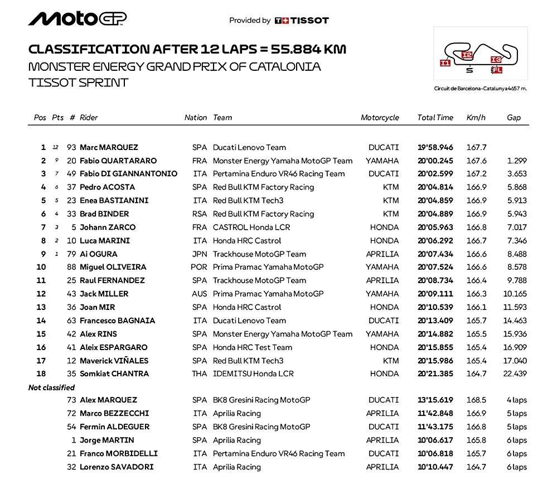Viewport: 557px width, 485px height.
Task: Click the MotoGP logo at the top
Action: coord(78,19)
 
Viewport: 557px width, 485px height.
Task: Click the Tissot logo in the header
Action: coord(302,21)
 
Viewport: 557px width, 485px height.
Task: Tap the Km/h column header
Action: coord(476,118)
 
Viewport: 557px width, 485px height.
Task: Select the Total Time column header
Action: coord(435,118)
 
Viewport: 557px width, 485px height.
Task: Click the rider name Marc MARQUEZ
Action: coord(109,148)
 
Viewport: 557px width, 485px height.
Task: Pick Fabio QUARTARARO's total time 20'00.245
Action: coord(435,161)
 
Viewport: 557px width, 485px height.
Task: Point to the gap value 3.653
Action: coord(517,174)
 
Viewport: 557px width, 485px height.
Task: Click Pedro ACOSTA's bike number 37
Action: coord(71,187)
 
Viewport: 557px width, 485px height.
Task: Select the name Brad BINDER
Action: coord(104,214)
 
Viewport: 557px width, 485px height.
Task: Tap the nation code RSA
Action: coord(199,214)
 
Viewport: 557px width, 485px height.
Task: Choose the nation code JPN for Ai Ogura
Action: coord(199,254)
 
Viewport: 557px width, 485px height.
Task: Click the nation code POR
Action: coord(199,268)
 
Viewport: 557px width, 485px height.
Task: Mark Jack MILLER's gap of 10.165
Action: coord(515,294)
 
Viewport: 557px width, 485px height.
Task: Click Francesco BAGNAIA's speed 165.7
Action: coord(476,321)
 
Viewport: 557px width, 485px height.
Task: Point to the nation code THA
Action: coord(199,374)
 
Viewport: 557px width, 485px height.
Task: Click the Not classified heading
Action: coord(51,387)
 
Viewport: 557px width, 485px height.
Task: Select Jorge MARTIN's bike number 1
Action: coord(73,440)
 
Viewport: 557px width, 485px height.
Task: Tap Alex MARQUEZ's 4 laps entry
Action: coord(516,400)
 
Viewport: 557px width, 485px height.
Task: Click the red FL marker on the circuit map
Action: coord(496,70)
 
